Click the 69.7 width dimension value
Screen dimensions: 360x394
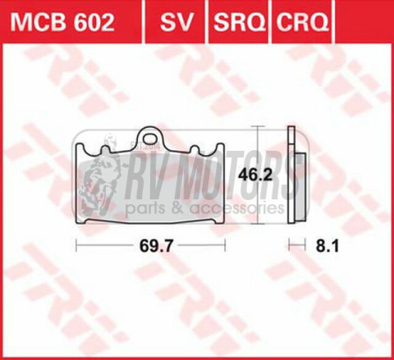coord(150,244)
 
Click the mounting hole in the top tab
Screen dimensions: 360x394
coord(149,134)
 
